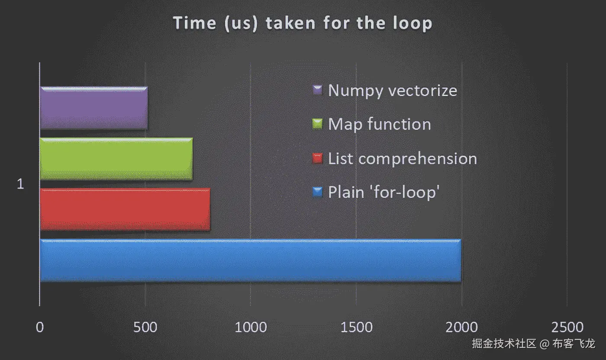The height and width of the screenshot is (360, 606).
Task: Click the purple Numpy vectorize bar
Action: click(94, 108)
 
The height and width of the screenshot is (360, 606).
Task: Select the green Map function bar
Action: click(116, 159)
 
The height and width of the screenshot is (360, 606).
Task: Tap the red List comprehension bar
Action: click(125, 209)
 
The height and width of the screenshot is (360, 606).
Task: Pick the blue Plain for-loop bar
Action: click(251, 260)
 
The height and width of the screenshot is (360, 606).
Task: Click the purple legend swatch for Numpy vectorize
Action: click(317, 90)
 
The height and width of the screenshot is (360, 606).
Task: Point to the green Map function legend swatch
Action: click(317, 124)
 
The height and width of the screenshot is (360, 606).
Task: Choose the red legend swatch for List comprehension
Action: click(317, 158)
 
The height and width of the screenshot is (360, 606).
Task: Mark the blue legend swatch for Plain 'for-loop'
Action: click(317, 192)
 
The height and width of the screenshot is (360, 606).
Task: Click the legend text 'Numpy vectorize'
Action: click(393, 90)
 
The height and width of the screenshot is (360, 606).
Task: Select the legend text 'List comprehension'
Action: click(403, 158)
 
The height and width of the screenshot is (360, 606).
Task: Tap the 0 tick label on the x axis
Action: click(40, 327)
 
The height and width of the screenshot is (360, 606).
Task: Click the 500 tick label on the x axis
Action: click(145, 327)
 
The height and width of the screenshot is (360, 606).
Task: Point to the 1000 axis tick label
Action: click(251, 327)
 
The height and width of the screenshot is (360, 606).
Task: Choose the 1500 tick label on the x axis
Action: click(356, 327)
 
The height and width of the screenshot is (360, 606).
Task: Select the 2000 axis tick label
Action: click(461, 327)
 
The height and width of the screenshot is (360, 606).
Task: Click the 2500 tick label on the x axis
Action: click(567, 327)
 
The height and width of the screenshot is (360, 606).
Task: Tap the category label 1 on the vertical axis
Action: click(20, 184)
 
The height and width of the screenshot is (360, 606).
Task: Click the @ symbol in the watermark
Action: click(545, 344)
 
